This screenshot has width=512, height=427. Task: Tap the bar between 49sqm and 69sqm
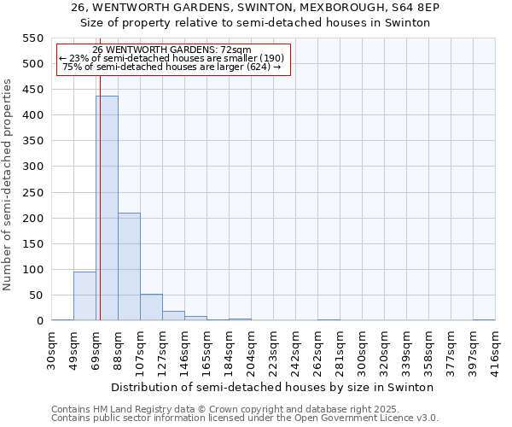[x=84, y=295]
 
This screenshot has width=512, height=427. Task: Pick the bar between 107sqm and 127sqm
[x=151, y=307]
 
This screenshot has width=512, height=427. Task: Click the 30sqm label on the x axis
[x=52, y=350]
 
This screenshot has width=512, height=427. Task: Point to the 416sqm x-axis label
[x=495, y=350]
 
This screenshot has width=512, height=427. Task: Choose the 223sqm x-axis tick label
[x=273, y=350]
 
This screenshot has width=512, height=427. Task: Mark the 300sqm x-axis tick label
[x=362, y=350]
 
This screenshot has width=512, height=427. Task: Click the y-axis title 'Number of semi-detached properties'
[x=8, y=184]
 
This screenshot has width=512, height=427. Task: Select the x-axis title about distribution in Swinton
[x=273, y=387]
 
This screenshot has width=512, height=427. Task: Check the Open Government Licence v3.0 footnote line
[x=245, y=418]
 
